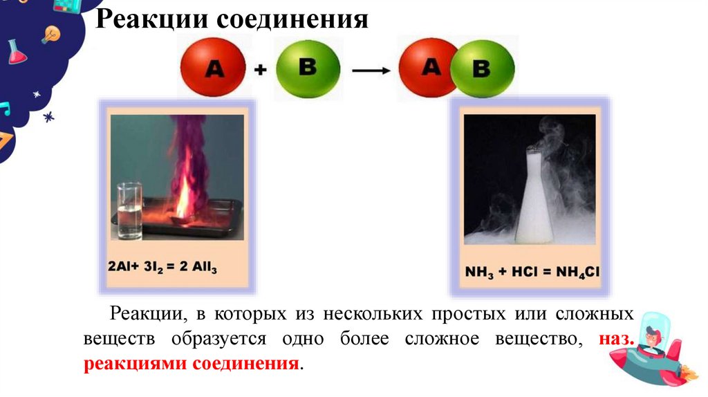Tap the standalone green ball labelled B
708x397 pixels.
pos(308,68)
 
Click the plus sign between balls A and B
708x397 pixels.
pos(260,69)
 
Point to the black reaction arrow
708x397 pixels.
pos(373,70)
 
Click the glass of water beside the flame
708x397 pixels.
pos(129,210)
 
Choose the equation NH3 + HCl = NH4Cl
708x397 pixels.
pos(531,272)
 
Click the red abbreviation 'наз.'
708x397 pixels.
pos(612,339)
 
